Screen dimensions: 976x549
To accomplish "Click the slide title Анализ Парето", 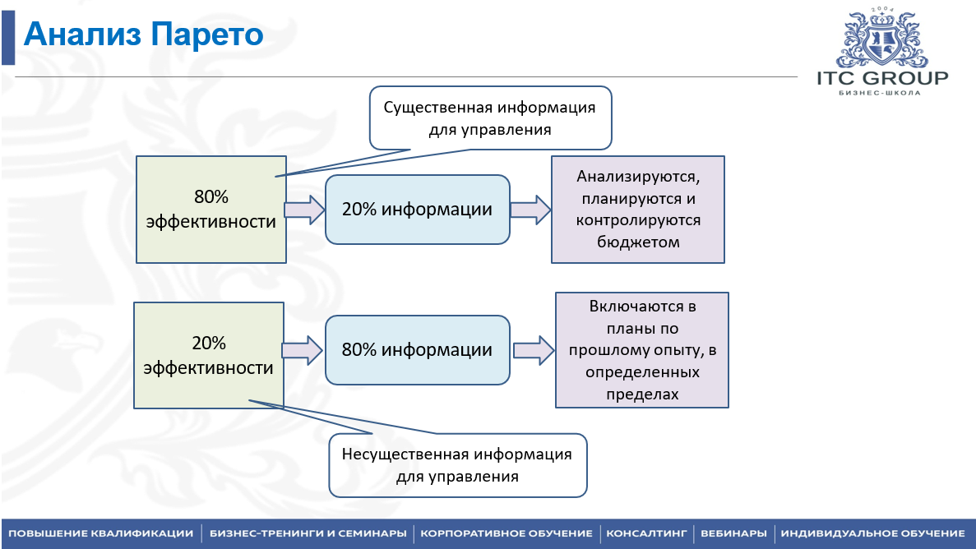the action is tap(143, 35).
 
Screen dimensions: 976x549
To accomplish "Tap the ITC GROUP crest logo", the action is tap(882, 38).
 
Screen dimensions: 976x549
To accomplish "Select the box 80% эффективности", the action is tap(211, 209).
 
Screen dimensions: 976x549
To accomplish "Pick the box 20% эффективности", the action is tap(209, 355).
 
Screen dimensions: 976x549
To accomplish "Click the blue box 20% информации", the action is tap(417, 209).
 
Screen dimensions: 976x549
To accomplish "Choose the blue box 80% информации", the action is tap(417, 350).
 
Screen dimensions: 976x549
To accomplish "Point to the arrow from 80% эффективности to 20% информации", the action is tap(305, 210).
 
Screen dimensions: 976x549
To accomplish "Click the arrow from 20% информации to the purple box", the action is tap(531, 210).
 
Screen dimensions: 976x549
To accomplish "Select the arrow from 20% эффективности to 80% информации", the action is tap(303, 350).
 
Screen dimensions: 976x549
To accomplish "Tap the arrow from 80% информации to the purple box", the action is tap(534, 350).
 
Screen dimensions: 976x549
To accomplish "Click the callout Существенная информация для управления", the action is tap(491, 118).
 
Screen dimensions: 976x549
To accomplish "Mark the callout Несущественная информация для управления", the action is tap(457, 465).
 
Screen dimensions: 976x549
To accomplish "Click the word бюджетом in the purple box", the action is tap(638, 242).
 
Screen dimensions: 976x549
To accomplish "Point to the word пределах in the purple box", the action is tap(641, 394).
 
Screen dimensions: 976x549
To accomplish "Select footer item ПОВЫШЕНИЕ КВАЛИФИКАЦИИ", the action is tap(101, 533).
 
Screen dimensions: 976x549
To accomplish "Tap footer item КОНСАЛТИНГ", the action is tap(646, 533).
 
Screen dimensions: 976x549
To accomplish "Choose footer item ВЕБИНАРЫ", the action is tap(733, 533).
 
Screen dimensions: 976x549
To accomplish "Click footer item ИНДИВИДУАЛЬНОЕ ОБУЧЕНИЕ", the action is tap(872, 533).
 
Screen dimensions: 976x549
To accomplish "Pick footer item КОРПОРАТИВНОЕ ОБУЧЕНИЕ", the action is tap(506, 533).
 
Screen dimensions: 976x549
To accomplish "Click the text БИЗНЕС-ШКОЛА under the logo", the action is tap(880, 93).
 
